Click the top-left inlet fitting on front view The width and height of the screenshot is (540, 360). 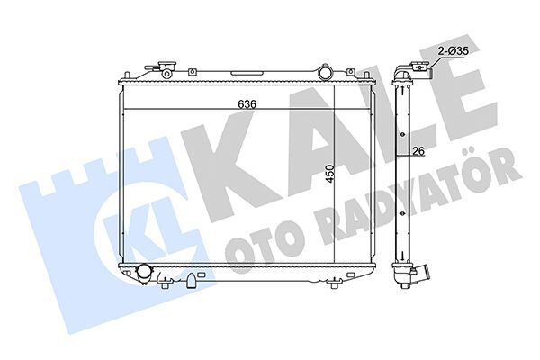tap(163, 67)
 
